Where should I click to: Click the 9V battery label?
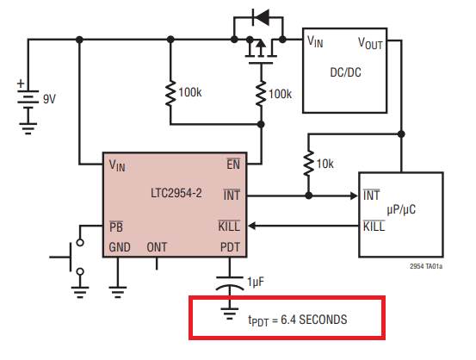49,99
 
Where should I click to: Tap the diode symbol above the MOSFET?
261,17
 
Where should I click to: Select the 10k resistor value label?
325,164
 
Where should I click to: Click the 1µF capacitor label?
256,282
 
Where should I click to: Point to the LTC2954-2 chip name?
176,193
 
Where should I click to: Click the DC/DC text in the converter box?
345,72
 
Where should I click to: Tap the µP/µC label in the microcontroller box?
401,209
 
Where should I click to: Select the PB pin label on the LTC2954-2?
116,227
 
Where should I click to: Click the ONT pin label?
157,247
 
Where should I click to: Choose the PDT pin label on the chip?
230,247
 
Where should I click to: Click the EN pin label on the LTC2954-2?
233,164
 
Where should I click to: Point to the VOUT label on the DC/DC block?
370,43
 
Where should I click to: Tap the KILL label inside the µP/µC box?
374,226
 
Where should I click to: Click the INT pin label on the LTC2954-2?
232,195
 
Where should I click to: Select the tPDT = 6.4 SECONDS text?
298,320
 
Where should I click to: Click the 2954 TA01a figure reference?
426,266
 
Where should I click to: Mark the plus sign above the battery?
21,84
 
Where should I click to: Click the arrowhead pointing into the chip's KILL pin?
252,226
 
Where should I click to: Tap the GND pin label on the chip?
120,247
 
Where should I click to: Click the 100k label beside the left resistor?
190,92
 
